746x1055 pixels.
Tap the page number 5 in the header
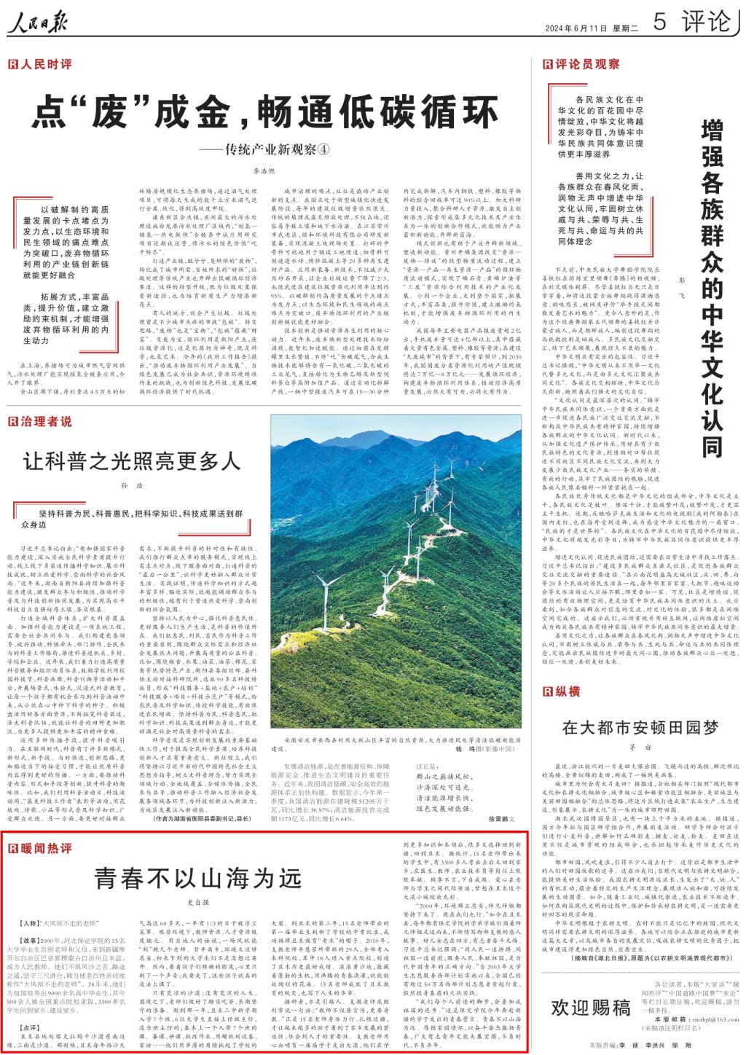[659, 23]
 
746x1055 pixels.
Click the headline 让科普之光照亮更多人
[132, 461]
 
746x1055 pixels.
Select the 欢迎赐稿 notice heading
[590, 1008]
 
